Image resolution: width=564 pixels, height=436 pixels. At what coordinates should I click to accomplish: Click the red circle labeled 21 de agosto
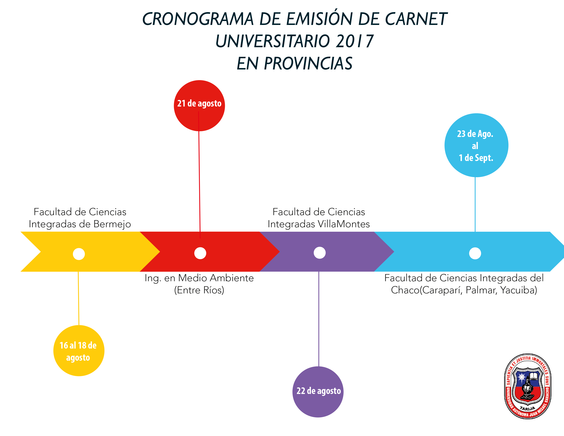pos(199,106)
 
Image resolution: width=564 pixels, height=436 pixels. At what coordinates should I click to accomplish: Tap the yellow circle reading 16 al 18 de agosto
pos(79,351)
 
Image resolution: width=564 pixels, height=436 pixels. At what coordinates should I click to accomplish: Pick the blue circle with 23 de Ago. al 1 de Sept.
pos(476,145)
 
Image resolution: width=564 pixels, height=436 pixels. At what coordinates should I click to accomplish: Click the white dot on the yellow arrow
pos(79,254)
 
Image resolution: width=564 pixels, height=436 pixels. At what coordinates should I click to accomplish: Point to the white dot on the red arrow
pos(200,253)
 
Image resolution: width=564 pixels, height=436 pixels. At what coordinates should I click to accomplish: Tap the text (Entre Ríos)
pos(199,290)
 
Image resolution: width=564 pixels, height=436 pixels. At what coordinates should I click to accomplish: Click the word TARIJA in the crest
pos(528,408)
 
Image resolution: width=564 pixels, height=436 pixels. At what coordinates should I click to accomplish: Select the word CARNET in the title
pos(416,19)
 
